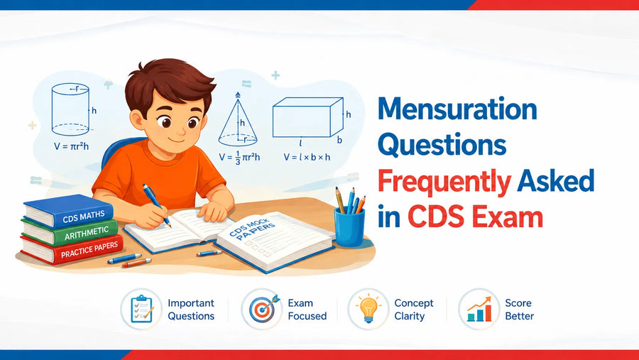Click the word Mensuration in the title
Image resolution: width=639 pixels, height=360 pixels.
[457, 109]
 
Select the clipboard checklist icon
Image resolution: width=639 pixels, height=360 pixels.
[141, 309]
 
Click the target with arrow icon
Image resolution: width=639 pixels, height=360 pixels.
[263, 309]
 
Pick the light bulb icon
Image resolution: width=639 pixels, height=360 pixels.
[368, 308]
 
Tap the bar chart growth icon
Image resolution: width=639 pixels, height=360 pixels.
[479, 310]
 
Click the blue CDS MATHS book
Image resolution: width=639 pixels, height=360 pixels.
[68, 211]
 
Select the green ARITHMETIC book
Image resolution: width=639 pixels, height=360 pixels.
[70, 232]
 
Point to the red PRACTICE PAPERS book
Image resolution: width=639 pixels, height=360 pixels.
[72, 249]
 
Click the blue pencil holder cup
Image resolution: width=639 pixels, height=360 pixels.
[349, 227]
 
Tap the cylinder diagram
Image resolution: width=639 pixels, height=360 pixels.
[70, 109]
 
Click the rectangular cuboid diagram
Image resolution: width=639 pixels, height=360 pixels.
[307, 117]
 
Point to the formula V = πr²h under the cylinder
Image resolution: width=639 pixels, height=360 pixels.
[71, 146]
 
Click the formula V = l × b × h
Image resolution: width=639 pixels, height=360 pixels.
[307, 157]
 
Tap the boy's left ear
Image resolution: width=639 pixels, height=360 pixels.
[137, 119]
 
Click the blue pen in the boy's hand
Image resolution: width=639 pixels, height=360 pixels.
[156, 205]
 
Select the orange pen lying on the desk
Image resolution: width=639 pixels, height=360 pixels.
[136, 263]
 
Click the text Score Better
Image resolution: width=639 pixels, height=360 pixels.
[519, 310]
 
